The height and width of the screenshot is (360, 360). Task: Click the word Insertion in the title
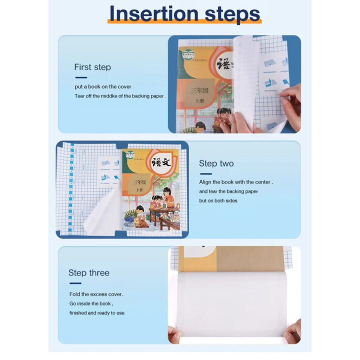(154, 14)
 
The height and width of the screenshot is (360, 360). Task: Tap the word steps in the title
(232, 15)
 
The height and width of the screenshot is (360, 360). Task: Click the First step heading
(92, 67)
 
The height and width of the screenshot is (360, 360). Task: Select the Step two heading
(216, 163)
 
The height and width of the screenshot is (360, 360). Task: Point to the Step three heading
(89, 273)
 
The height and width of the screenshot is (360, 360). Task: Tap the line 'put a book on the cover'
(103, 86)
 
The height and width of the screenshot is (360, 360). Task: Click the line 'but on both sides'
(218, 200)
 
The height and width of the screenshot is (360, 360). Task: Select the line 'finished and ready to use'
(97, 312)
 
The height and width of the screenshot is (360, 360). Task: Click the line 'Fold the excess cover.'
(96, 294)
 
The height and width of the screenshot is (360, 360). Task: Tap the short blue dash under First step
(81, 77)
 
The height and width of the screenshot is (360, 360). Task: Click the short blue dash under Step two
(205, 174)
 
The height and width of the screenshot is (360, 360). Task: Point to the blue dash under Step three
(75, 283)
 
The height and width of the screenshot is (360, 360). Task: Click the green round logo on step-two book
(130, 154)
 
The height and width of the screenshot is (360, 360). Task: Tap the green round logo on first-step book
(188, 54)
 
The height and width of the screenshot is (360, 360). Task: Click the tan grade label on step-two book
(139, 184)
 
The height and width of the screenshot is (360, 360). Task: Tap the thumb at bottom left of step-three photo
(174, 334)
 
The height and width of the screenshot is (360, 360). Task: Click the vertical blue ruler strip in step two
(71, 188)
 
